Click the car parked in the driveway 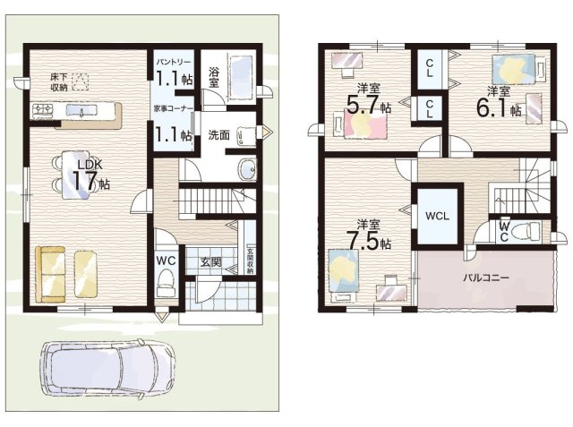click(108, 368)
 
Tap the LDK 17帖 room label click(90, 175)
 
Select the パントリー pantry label click(174, 62)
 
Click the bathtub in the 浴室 click(242, 78)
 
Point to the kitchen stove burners click(43, 110)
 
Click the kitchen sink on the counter click(81, 110)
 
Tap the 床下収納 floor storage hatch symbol click(81, 82)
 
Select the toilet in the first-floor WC click(167, 283)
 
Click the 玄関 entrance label click(211, 261)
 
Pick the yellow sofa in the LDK click(50, 274)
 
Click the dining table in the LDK click(75, 175)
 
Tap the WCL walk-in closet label click(438, 216)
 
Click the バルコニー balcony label click(486, 278)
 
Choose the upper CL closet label click(430, 68)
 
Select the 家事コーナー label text click(173, 108)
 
